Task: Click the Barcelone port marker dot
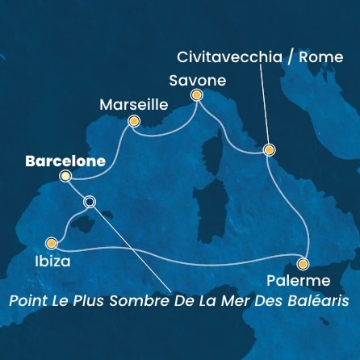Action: coord(65,175)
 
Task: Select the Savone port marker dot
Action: coord(195,96)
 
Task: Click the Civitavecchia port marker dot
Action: coord(269,149)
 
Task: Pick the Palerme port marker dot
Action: coord(303,264)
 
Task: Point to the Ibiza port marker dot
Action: coord(52,242)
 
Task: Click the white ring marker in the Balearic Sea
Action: coord(90,203)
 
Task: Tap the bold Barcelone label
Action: coord(65,161)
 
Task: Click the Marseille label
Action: coord(133,104)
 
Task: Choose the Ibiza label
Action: coord(53,262)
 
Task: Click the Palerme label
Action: coord(299,281)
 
